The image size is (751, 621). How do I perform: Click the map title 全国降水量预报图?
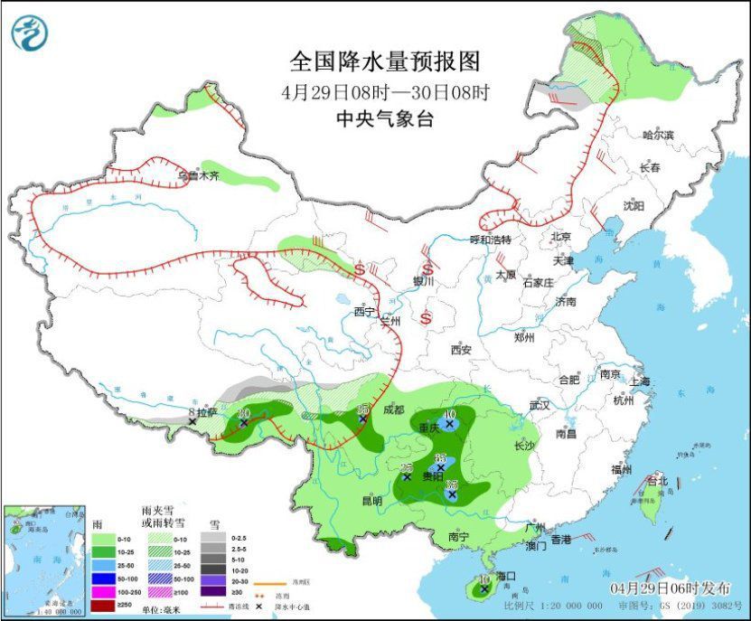384,61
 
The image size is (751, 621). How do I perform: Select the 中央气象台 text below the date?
384,118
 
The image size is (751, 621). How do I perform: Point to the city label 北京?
561,237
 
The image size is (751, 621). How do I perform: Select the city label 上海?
641,381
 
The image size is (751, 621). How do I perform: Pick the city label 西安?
462,349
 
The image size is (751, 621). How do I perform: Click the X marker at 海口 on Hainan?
484,588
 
